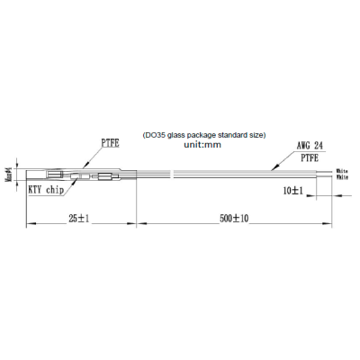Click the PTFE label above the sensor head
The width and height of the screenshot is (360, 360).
111,141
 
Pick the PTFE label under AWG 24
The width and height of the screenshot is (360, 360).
309,156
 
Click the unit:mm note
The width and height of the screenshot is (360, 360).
202,144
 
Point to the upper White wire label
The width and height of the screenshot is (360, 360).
342,169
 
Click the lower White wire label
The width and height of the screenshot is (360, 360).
342,176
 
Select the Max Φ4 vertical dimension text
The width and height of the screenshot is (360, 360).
8,172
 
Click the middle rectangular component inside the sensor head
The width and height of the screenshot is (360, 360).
87,175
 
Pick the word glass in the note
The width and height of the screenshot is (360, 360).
176,134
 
